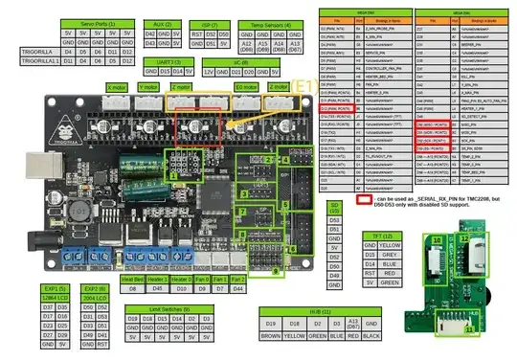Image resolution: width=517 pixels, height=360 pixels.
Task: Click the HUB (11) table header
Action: [x=321, y=312]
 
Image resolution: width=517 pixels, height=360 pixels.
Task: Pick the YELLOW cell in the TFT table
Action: [x=388, y=244]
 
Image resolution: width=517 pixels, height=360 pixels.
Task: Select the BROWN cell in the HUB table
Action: [x=270, y=336]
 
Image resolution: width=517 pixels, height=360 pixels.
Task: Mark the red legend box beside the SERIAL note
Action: [x=363, y=202]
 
